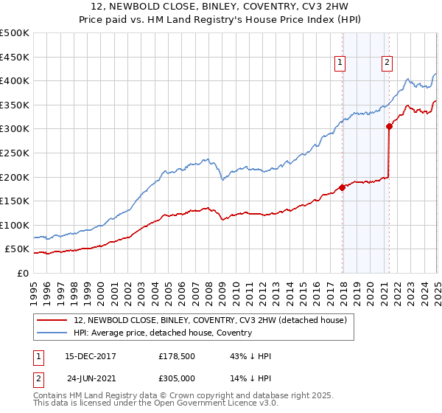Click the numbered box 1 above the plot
[x=340, y=63]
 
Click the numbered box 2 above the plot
[x=387, y=63]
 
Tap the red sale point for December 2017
[x=343, y=187]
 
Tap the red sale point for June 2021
[x=389, y=126]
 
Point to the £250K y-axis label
[x=15, y=153]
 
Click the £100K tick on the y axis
[x=15, y=225]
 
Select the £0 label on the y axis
[x=23, y=273]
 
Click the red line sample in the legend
[x=53, y=319]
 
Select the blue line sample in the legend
[x=53, y=333]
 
